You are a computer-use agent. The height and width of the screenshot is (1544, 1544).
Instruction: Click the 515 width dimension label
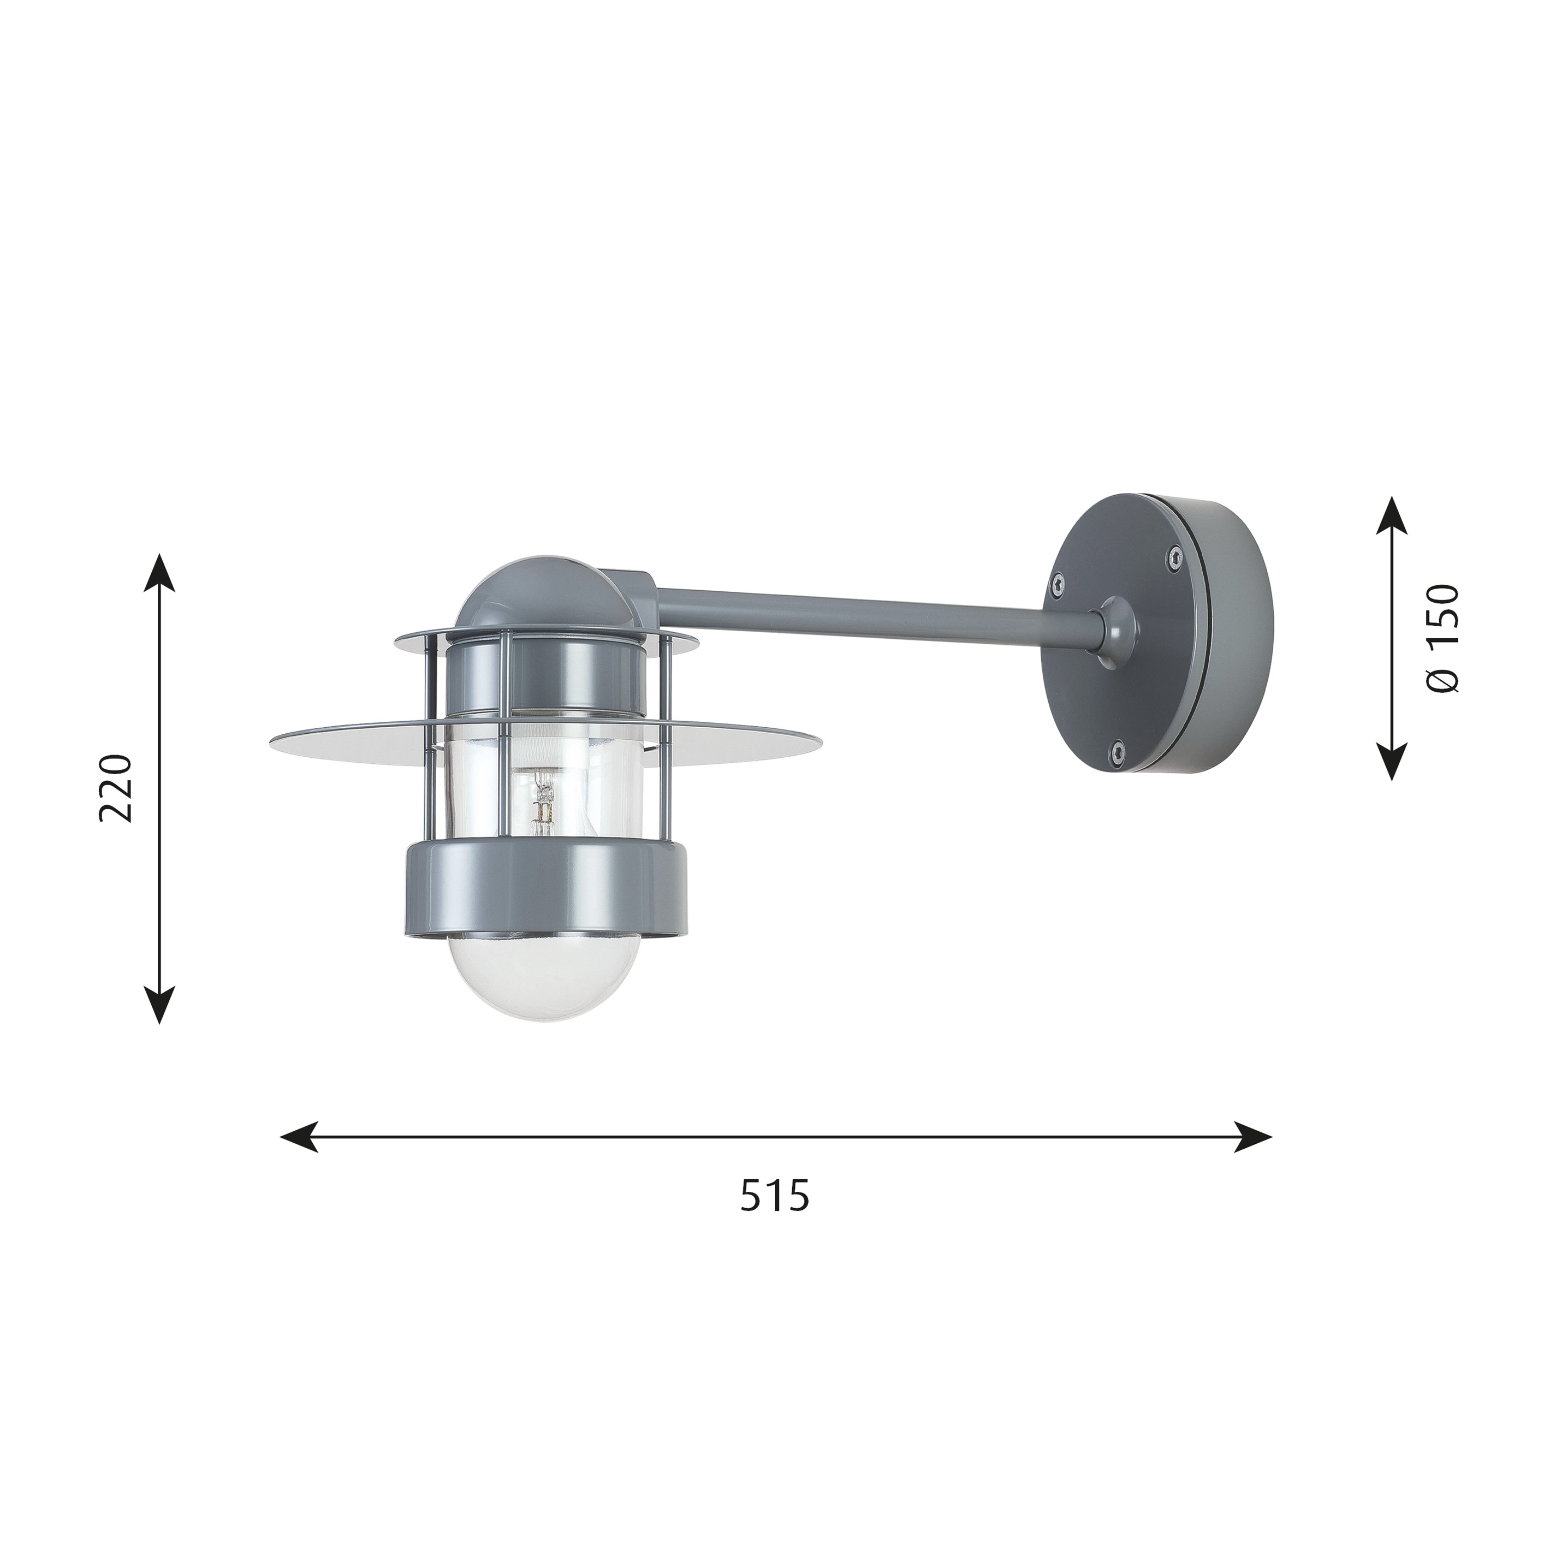pos(774,1217)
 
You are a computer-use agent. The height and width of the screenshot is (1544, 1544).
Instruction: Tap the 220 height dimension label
pos(114,787)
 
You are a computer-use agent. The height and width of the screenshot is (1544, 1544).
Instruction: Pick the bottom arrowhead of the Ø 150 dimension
pos(1393,760)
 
